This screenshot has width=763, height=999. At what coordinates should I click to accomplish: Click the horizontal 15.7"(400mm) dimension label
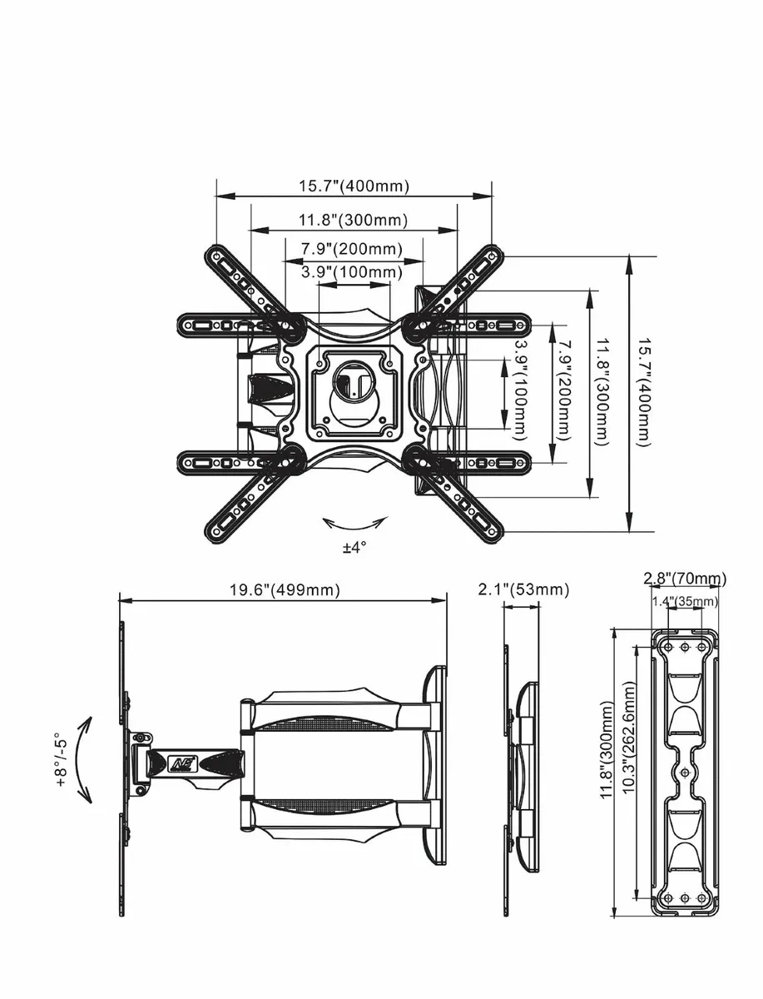[354, 186]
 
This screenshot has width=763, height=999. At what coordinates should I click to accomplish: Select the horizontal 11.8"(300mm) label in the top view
[354, 221]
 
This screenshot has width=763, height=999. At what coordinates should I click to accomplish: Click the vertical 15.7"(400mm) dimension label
[642, 392]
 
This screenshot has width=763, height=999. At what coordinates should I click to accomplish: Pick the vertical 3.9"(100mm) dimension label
[521, 391]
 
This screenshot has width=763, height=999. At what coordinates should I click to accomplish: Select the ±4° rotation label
[354, 547]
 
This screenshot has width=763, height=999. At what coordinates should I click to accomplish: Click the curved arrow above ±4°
[355, 523]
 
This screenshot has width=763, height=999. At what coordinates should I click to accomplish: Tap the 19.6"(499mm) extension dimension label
[285, 589]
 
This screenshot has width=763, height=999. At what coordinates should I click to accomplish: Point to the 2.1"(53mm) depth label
[523, 589]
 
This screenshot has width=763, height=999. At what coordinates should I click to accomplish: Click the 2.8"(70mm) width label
[685, 579]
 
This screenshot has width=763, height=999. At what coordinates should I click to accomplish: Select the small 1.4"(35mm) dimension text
[684, 601]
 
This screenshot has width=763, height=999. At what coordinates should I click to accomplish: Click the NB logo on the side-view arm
[181, 762]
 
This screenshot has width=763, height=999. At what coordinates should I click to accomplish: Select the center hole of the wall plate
[684, 773]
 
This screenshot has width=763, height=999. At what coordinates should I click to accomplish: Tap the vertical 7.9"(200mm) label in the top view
[566, 391]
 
